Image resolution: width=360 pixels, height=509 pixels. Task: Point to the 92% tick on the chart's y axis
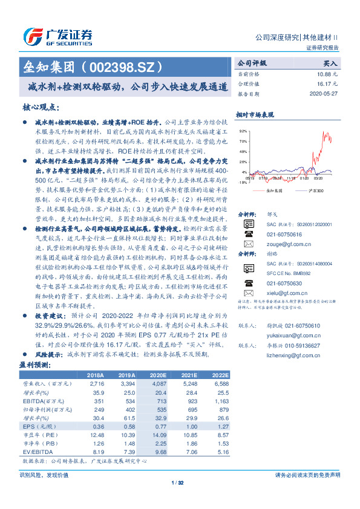243,131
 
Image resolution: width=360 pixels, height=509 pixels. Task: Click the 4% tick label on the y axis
244,172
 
